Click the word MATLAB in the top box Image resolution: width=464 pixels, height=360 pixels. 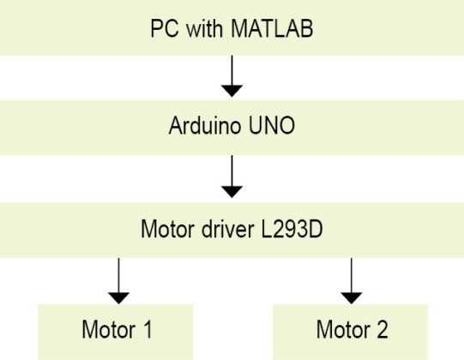point(272,28)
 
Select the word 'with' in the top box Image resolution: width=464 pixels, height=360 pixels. point(204,28)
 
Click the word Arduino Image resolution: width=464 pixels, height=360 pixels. point(204,125)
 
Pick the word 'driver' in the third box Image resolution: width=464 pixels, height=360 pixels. point(227,229)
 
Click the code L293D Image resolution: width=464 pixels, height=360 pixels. point(292,229)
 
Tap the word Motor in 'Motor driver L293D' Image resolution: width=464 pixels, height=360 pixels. point(167,229)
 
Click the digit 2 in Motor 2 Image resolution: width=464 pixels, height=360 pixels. point(382,329)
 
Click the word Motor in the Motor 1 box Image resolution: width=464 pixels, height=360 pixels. point(109,329)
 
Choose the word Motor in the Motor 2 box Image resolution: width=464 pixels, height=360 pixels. point(343,329)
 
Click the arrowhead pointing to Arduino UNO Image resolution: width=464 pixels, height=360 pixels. point(232,91)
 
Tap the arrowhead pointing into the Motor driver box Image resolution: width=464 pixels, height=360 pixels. point(232,192)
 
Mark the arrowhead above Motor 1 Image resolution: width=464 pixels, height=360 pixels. point(118,298)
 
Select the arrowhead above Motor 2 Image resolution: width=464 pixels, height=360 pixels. point(352,298)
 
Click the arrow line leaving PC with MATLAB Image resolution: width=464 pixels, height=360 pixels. point(232,70)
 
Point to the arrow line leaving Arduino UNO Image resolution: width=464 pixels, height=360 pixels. point(232,171)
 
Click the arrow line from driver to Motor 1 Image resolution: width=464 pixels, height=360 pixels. point(118,275)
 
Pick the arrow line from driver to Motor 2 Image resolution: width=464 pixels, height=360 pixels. point(352,275)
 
